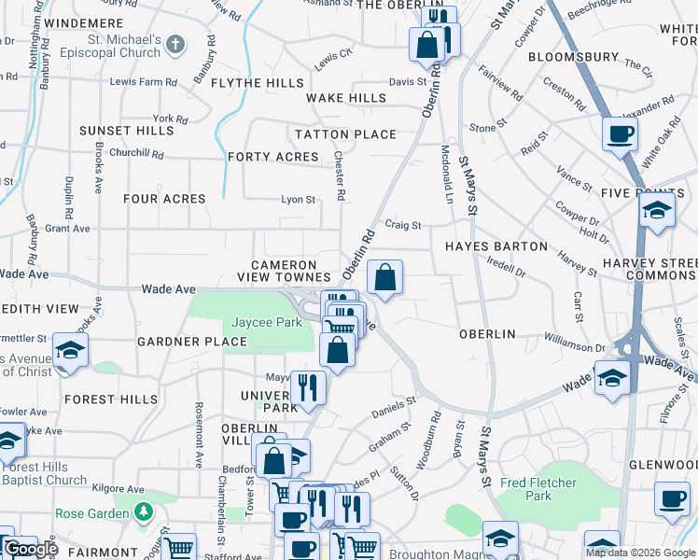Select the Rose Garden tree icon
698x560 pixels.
[x=143, y=511]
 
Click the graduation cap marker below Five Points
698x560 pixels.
[x=657, y=211]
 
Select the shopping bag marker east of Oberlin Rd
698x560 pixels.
[x=384, y=278]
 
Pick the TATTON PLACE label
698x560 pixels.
[x=346, y=134]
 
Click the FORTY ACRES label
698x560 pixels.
[x=273, y=157]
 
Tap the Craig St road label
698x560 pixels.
[x=404, y=225]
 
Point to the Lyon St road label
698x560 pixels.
[x=299, y=199]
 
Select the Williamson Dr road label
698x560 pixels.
[x=602, y=346]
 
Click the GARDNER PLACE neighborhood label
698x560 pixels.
[x=191, y=342]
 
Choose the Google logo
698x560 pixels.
[x=31, y=549]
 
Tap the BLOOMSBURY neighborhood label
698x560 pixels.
[x=573, y=57]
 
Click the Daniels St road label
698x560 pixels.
[x=393, y=406]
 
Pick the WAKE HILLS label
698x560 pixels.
[x=346, y=98]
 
